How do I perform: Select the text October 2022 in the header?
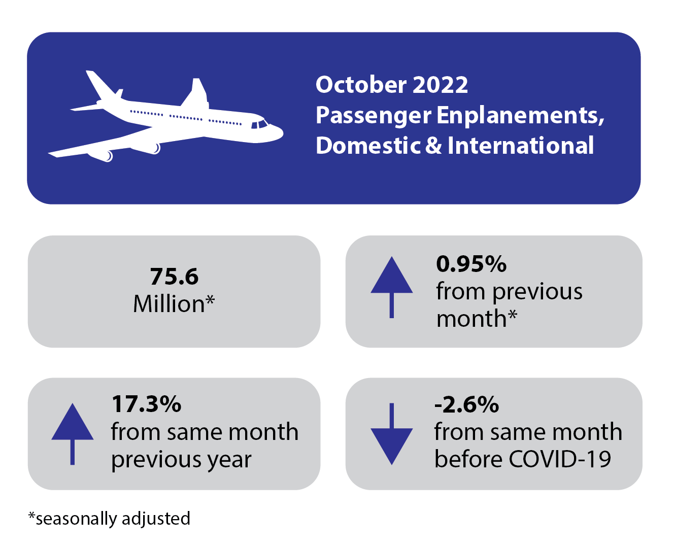(391, 85)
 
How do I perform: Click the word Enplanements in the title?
(520, 115)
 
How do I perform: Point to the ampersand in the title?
(433, 146)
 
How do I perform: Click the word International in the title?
(520, 146)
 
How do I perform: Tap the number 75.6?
(174, 277)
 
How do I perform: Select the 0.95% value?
(471, 264)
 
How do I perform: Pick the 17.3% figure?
(146, 404)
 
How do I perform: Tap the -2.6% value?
(466, 404)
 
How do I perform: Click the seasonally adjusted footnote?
(109, 518)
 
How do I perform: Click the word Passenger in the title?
(373, 116)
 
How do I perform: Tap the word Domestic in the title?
(368, 146)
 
